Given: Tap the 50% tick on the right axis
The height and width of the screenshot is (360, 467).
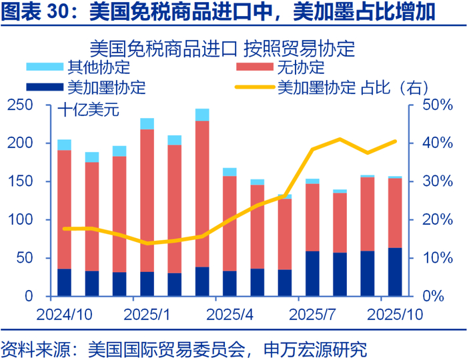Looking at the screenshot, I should (x=437, y=105).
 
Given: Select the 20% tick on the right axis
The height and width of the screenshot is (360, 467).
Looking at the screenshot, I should (x=437, y=220).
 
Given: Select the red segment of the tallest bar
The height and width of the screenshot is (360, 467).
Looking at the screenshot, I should (x=202, y=193).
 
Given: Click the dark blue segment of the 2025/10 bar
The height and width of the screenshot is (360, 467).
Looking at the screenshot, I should (x=395, y=271).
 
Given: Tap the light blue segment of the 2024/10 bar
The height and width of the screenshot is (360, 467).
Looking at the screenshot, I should (x=65, y=145).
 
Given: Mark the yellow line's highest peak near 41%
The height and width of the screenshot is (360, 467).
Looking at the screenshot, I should (x=340, y=139).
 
